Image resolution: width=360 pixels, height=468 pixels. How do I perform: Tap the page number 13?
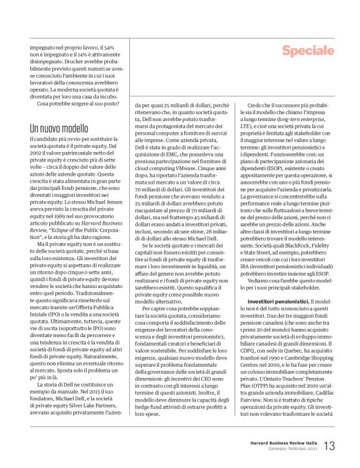329,446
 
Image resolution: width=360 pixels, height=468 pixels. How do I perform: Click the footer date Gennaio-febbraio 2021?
294,449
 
